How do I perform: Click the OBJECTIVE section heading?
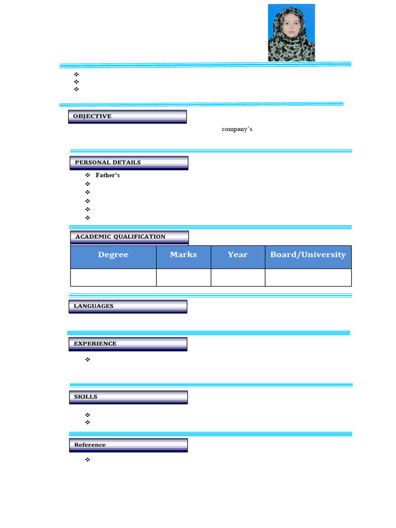click(92, 117)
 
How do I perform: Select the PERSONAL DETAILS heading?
click(108, 162)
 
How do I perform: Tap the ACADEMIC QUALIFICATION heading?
click(121, 237)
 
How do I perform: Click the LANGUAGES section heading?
click(93, 306)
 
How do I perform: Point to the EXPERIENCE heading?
click(95, 343)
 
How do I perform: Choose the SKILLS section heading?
click(86, 397)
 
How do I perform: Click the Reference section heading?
click(90, 445)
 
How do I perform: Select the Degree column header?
click(113, 255)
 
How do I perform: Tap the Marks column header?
click(184, 255)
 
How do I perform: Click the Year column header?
click(238, 255)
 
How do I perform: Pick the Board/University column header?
click(308, 255)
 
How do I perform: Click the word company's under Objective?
click(237, 129)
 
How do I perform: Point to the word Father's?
click(108, 175)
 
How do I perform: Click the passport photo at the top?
click(291, 32)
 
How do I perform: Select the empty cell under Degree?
click(113, 277)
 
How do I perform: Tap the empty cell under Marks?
click(184, 277)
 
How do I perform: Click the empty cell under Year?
click(238, 277)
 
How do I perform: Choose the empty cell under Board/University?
click(308, 277)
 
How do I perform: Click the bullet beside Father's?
click(88, 175)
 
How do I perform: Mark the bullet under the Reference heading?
click(88, 459)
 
